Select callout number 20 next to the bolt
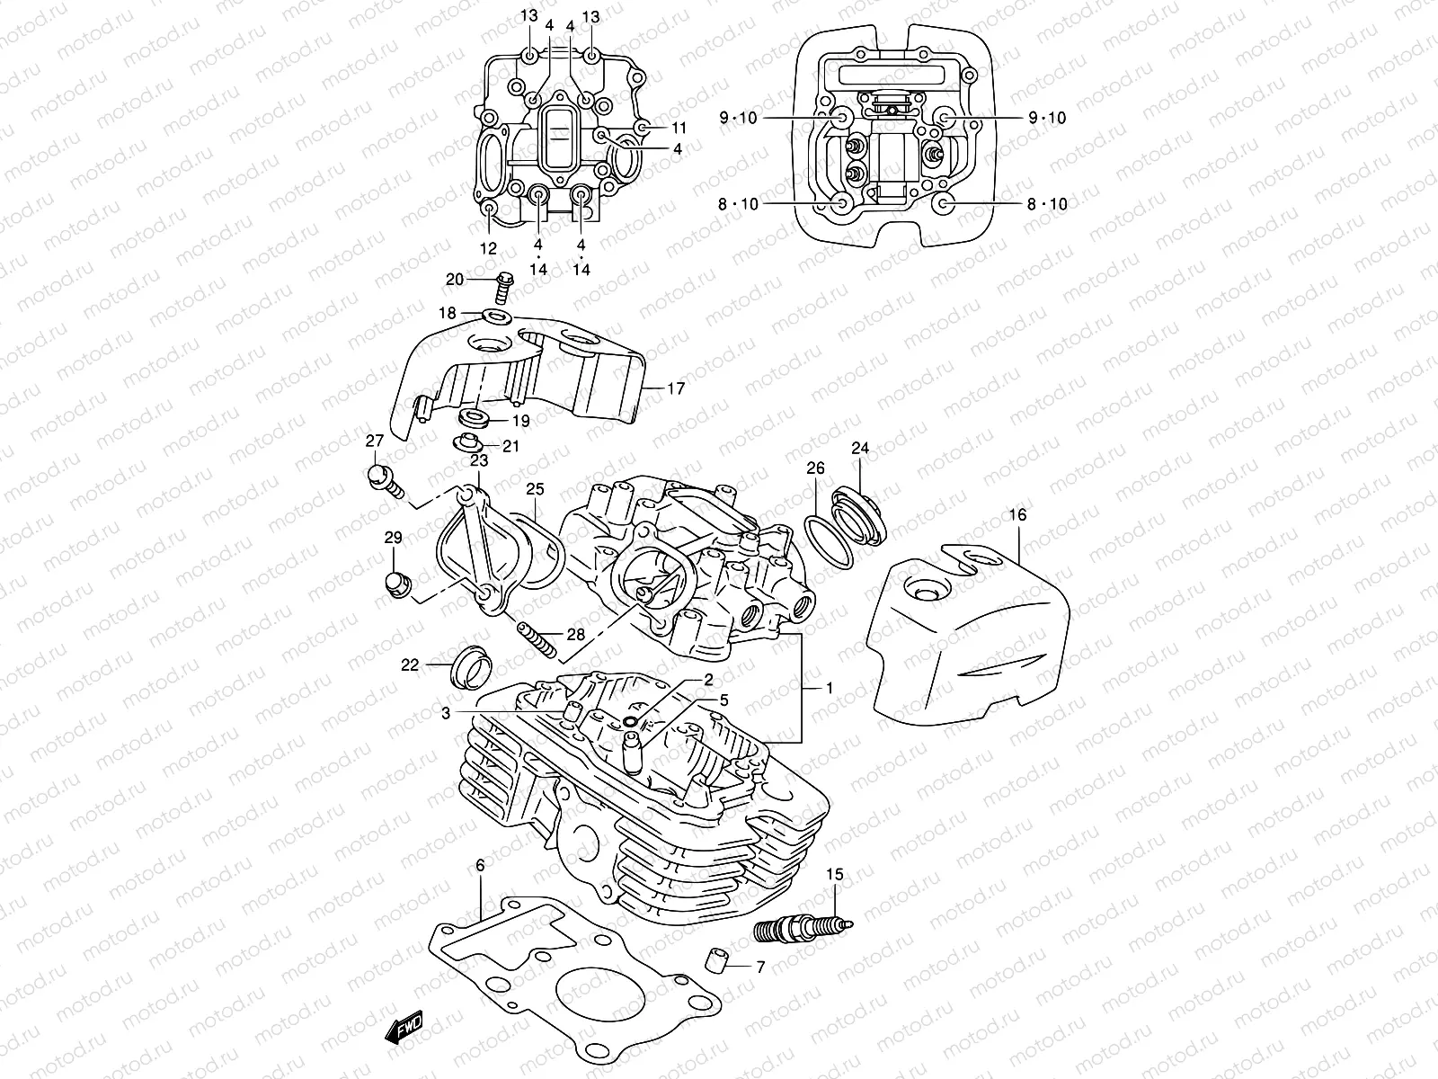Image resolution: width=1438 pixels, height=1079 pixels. click(455, 280)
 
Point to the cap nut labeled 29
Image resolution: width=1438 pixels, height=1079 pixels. click(395, 584)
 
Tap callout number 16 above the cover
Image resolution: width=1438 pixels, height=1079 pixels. click(1017, 515)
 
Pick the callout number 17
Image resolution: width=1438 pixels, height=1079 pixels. click(676, 389)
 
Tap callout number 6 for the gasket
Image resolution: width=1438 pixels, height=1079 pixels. click(480, 866)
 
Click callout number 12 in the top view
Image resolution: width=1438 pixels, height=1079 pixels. click(488, 248)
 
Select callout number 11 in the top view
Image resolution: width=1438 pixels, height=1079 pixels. click(678, 128)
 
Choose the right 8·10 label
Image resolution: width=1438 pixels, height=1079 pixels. click(1047, 204)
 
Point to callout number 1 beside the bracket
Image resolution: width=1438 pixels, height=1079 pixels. click(829, 688)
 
